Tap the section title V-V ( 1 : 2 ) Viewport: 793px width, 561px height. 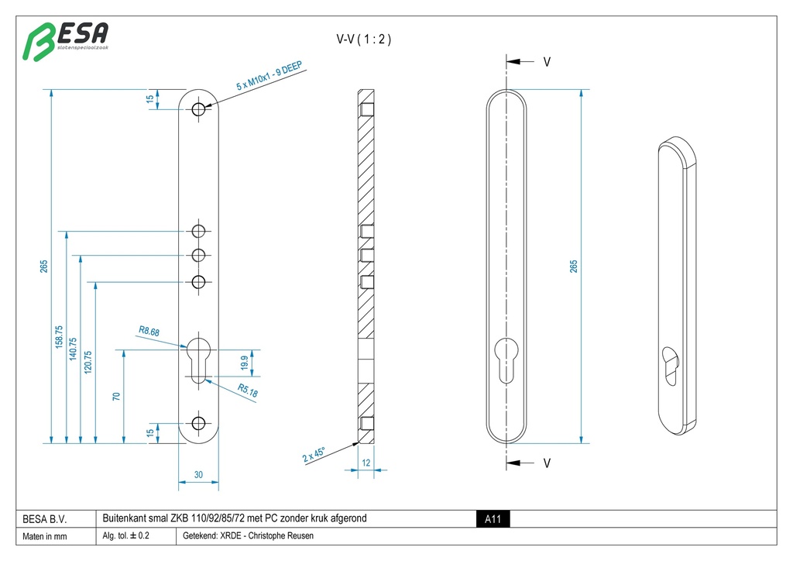(x=363, y=40)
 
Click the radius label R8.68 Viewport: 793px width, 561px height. (x=149, y=332)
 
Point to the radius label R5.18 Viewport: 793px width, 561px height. (x=248, y=392)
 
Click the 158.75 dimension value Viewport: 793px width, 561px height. (x=59, y=338)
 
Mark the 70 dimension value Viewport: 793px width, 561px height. (x=116, y=397)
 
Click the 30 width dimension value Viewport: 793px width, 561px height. (x=198, y=475)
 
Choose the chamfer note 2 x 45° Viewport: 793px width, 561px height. (x=314, y=453)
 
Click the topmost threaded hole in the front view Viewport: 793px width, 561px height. (x=199, y=108)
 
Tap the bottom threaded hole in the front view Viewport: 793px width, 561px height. (x=199, y=423)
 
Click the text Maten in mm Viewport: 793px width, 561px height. (x=45, y=536)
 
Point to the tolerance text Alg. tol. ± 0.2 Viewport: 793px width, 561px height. (x=126, y=535)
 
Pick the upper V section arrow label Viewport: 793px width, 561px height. (x=547, y=61)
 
